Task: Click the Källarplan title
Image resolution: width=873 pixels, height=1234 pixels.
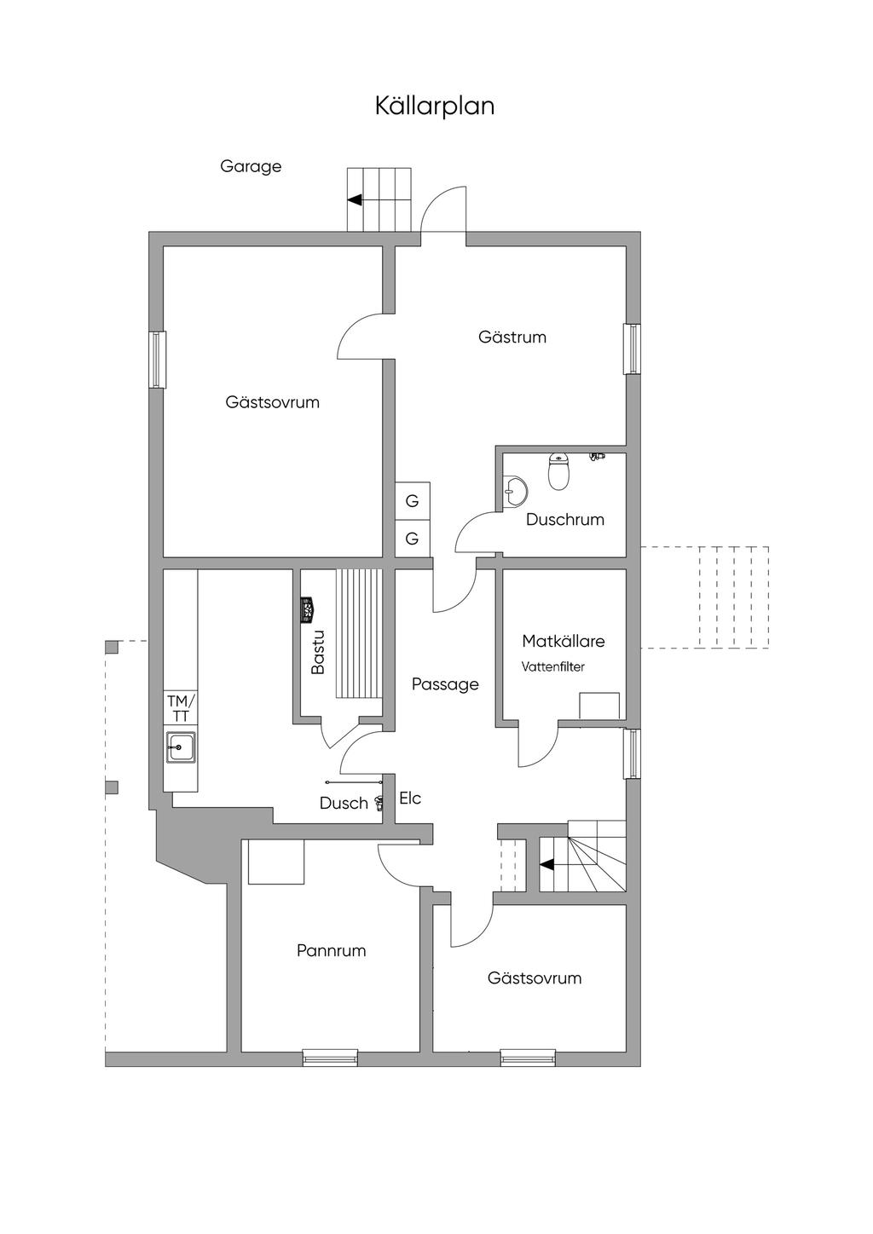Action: pyautogui.click(x=435, y=106)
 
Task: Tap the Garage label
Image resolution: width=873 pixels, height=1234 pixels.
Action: pyautogui.click(x=251, y=166)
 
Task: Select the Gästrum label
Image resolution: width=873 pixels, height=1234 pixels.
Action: pyautogui.click(x=512, y=337)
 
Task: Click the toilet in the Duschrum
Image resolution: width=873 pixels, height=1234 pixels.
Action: pyautogui.click(x=558, y=471)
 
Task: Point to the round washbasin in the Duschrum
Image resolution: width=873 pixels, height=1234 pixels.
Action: pyautogui.click(x=516, y=489)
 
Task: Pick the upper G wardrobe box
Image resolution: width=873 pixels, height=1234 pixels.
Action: pyautogui.click(x=413, y=501)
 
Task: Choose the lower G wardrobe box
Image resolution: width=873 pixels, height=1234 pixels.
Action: pyautogui.click(x=413, y=539)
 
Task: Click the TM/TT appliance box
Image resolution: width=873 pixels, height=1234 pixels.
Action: pyautogui.click(x=181, y=708)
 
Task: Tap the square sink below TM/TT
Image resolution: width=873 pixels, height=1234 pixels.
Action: pyautogui.click(x=181, y=747)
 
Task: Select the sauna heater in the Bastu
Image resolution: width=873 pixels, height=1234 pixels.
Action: pyautogui.click(x=309, y=611)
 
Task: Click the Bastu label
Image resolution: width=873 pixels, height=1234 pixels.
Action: pyautogui.click(x=318, y=653)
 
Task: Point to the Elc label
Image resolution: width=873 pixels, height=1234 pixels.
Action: pyautogui.click(x=410, y=799)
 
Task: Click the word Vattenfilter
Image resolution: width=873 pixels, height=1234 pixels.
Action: pyautogui.click(x=552, y=666)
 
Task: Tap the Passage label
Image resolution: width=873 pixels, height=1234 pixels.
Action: pyautogui.click(x=445, y=685)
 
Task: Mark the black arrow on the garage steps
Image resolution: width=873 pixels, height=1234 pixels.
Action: pyautogui.click(x=355, y=200)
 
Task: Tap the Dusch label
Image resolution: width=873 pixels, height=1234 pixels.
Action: pyautogui.click(x=344, y=803)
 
